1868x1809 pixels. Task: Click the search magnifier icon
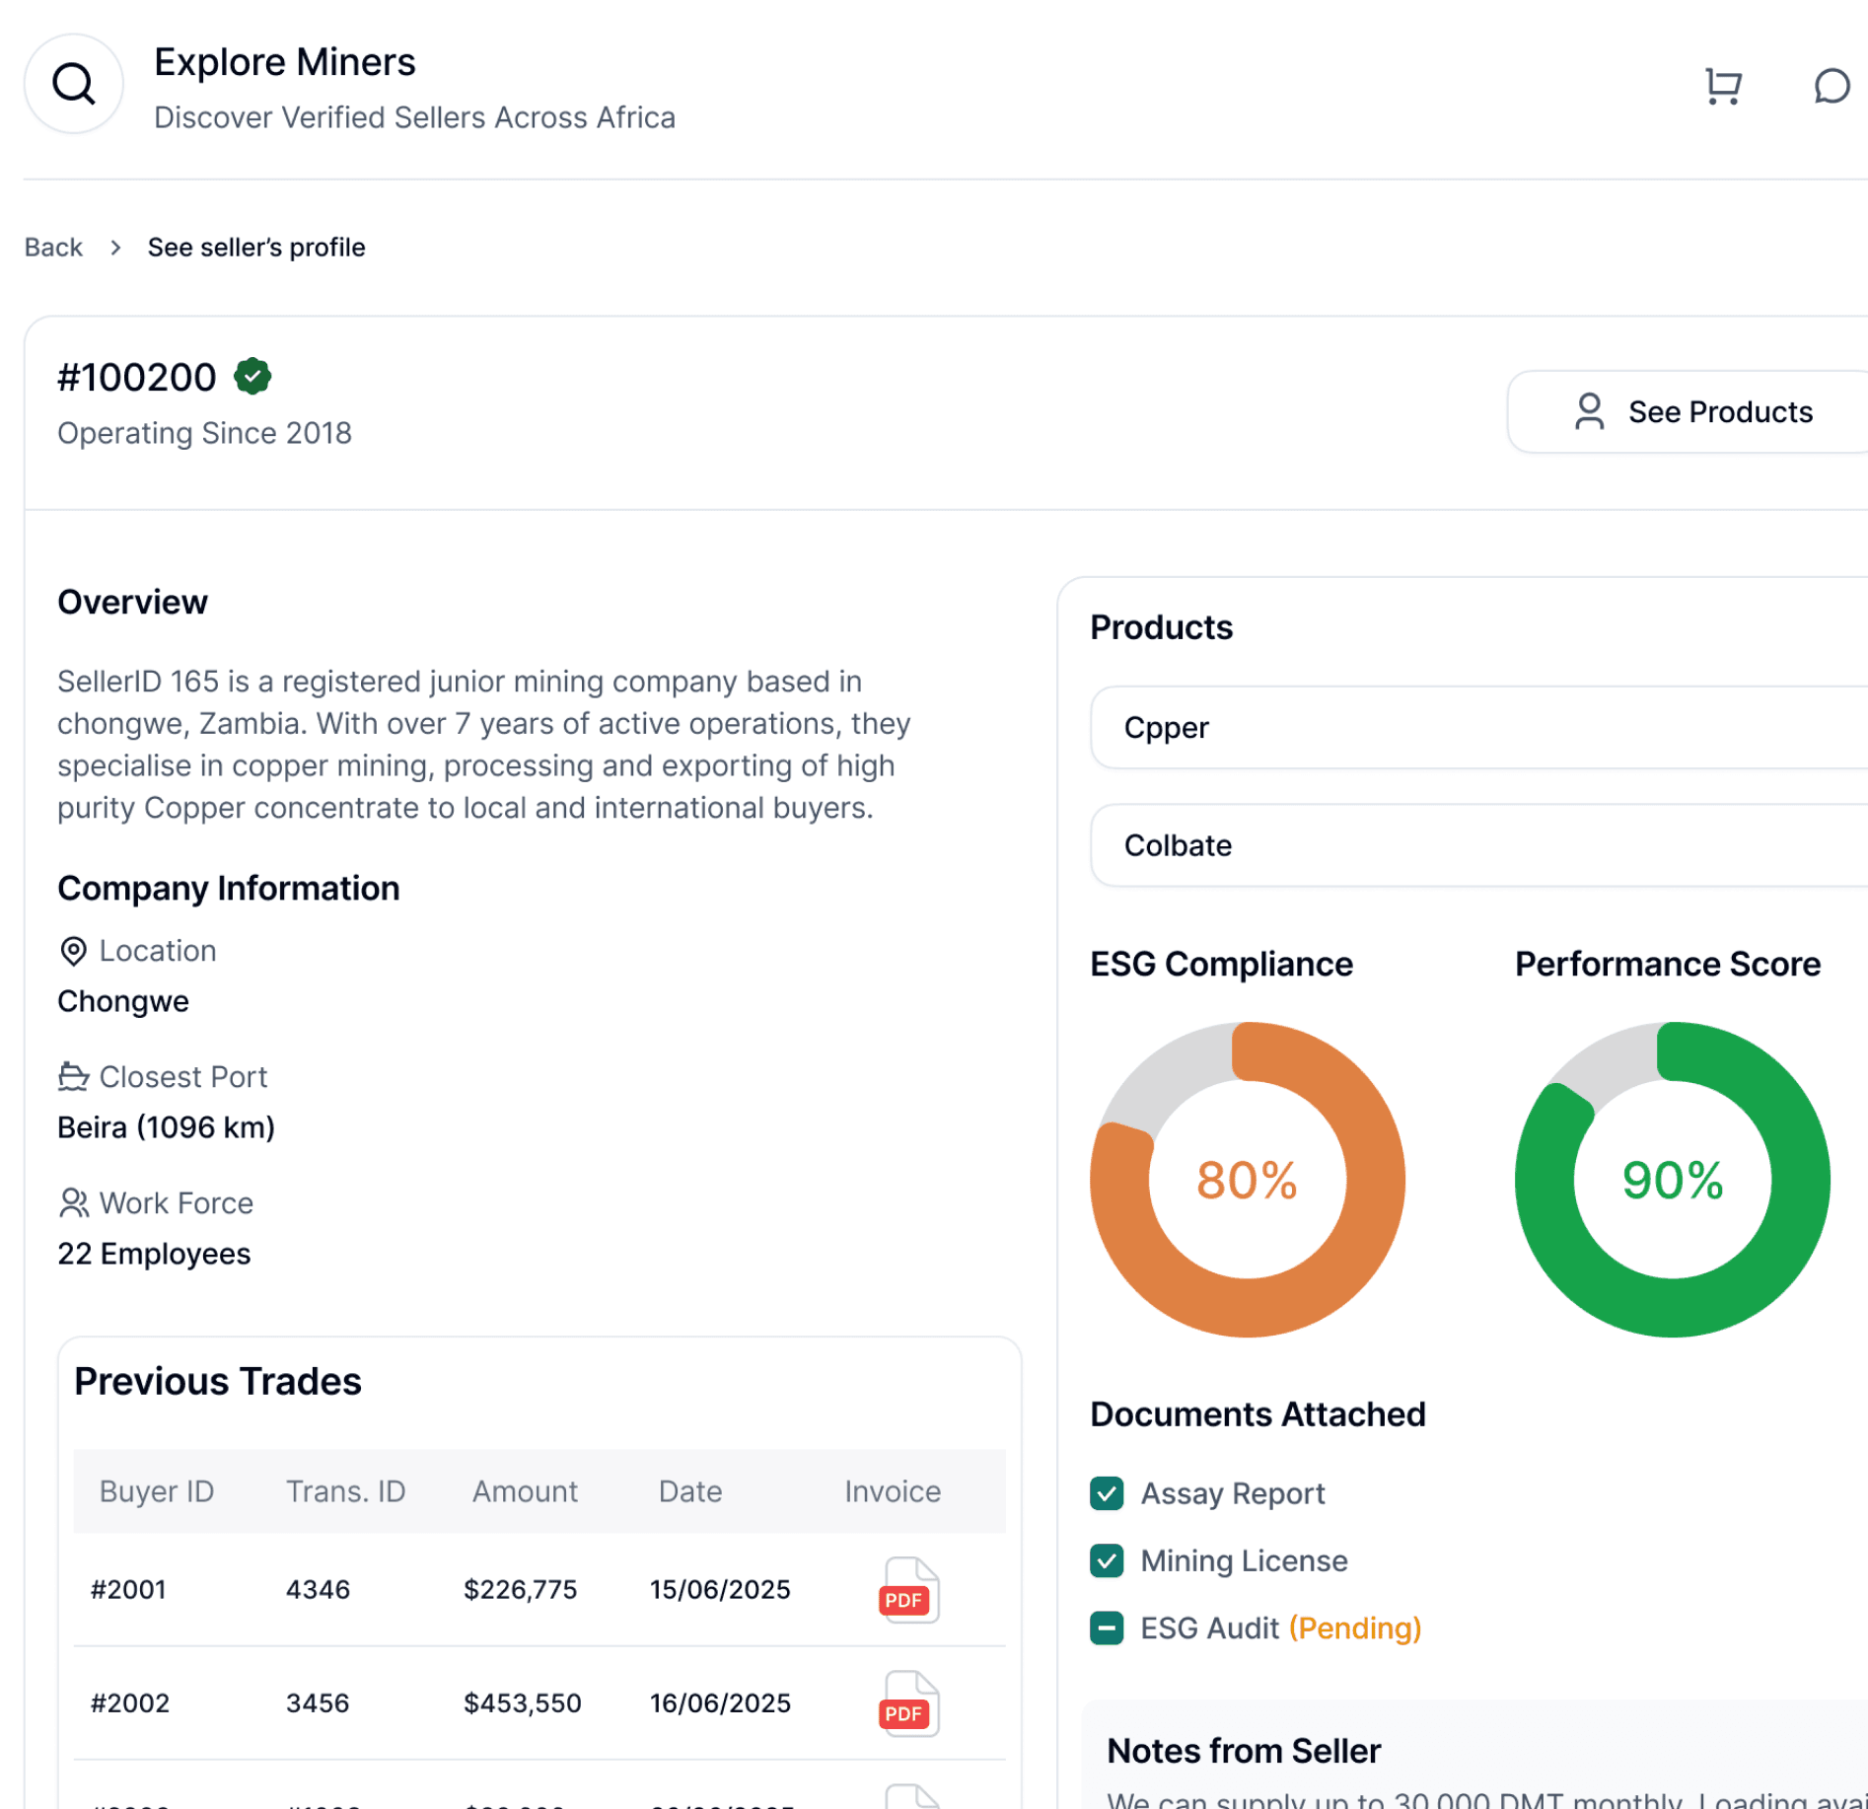[74, 85]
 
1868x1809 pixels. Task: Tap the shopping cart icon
[1723, 86]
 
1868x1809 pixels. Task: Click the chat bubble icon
[1831, 86]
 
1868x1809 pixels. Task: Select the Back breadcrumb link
[53, 247]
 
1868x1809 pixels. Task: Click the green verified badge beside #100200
[252, 376]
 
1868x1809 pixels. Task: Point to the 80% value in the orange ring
[1247, 1180]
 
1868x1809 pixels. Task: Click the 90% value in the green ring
[1672, 1180]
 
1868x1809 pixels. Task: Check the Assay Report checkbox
[1107, 1493]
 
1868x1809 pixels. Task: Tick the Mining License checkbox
[1107, 1560]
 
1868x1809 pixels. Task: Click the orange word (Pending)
[1354, 1628]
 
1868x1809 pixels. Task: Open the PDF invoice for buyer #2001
[907, 1590]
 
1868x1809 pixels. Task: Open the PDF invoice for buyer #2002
[907, 1703]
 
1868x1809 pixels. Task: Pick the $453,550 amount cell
[522, 1703]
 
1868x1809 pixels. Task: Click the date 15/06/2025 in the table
[720, 1590]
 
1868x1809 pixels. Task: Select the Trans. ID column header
[345, 1491]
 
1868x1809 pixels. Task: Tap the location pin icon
[73, 951]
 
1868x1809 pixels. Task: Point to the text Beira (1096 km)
[166, 1127]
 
